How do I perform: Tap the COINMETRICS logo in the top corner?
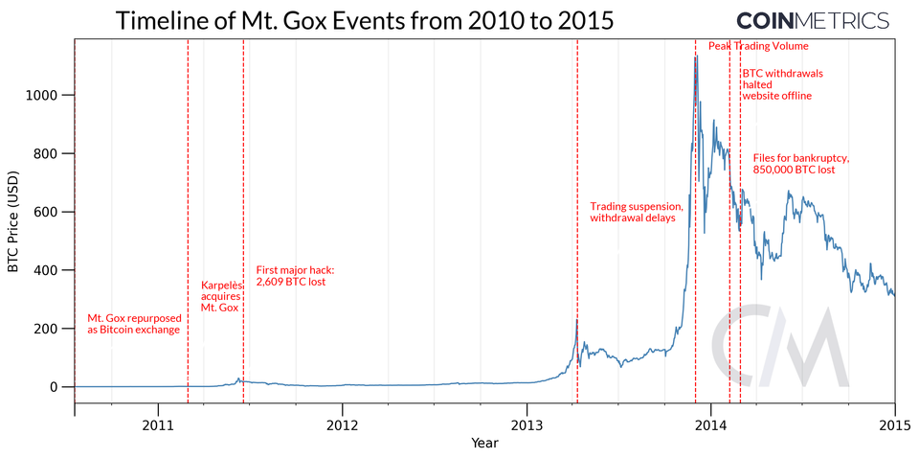[x=812, y=20]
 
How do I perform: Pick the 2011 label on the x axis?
[x=158, y=424]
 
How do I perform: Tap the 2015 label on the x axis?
[x=894, y=424]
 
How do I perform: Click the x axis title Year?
[x=484, y=444]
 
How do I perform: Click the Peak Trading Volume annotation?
[x=758, y=46]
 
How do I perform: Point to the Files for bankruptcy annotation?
[x=800, y=163]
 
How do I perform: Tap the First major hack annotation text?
[x=295, y=276]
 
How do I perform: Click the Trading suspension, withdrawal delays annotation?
[x=636, y=212]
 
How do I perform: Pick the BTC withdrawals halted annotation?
[x=781, y=84]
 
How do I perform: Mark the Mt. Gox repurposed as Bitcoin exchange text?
[x=133, y=323]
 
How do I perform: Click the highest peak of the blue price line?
[x=696, y=56]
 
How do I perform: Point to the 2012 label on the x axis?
[x=342, y=424]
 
